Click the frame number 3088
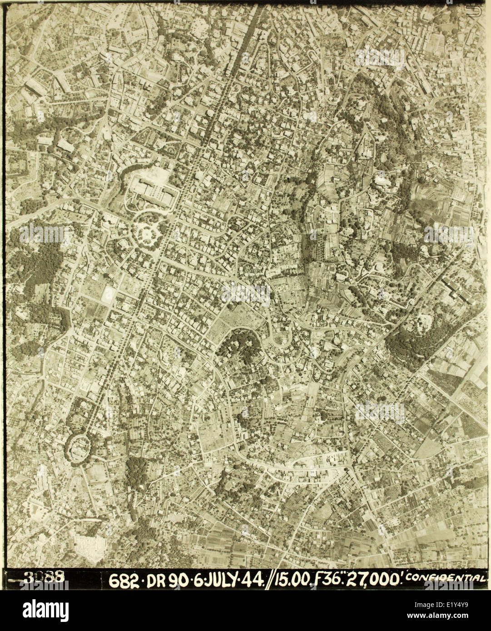coord(44,577)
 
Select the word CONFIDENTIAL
coord(447,577)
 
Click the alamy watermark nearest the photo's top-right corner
coord(380,58)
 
